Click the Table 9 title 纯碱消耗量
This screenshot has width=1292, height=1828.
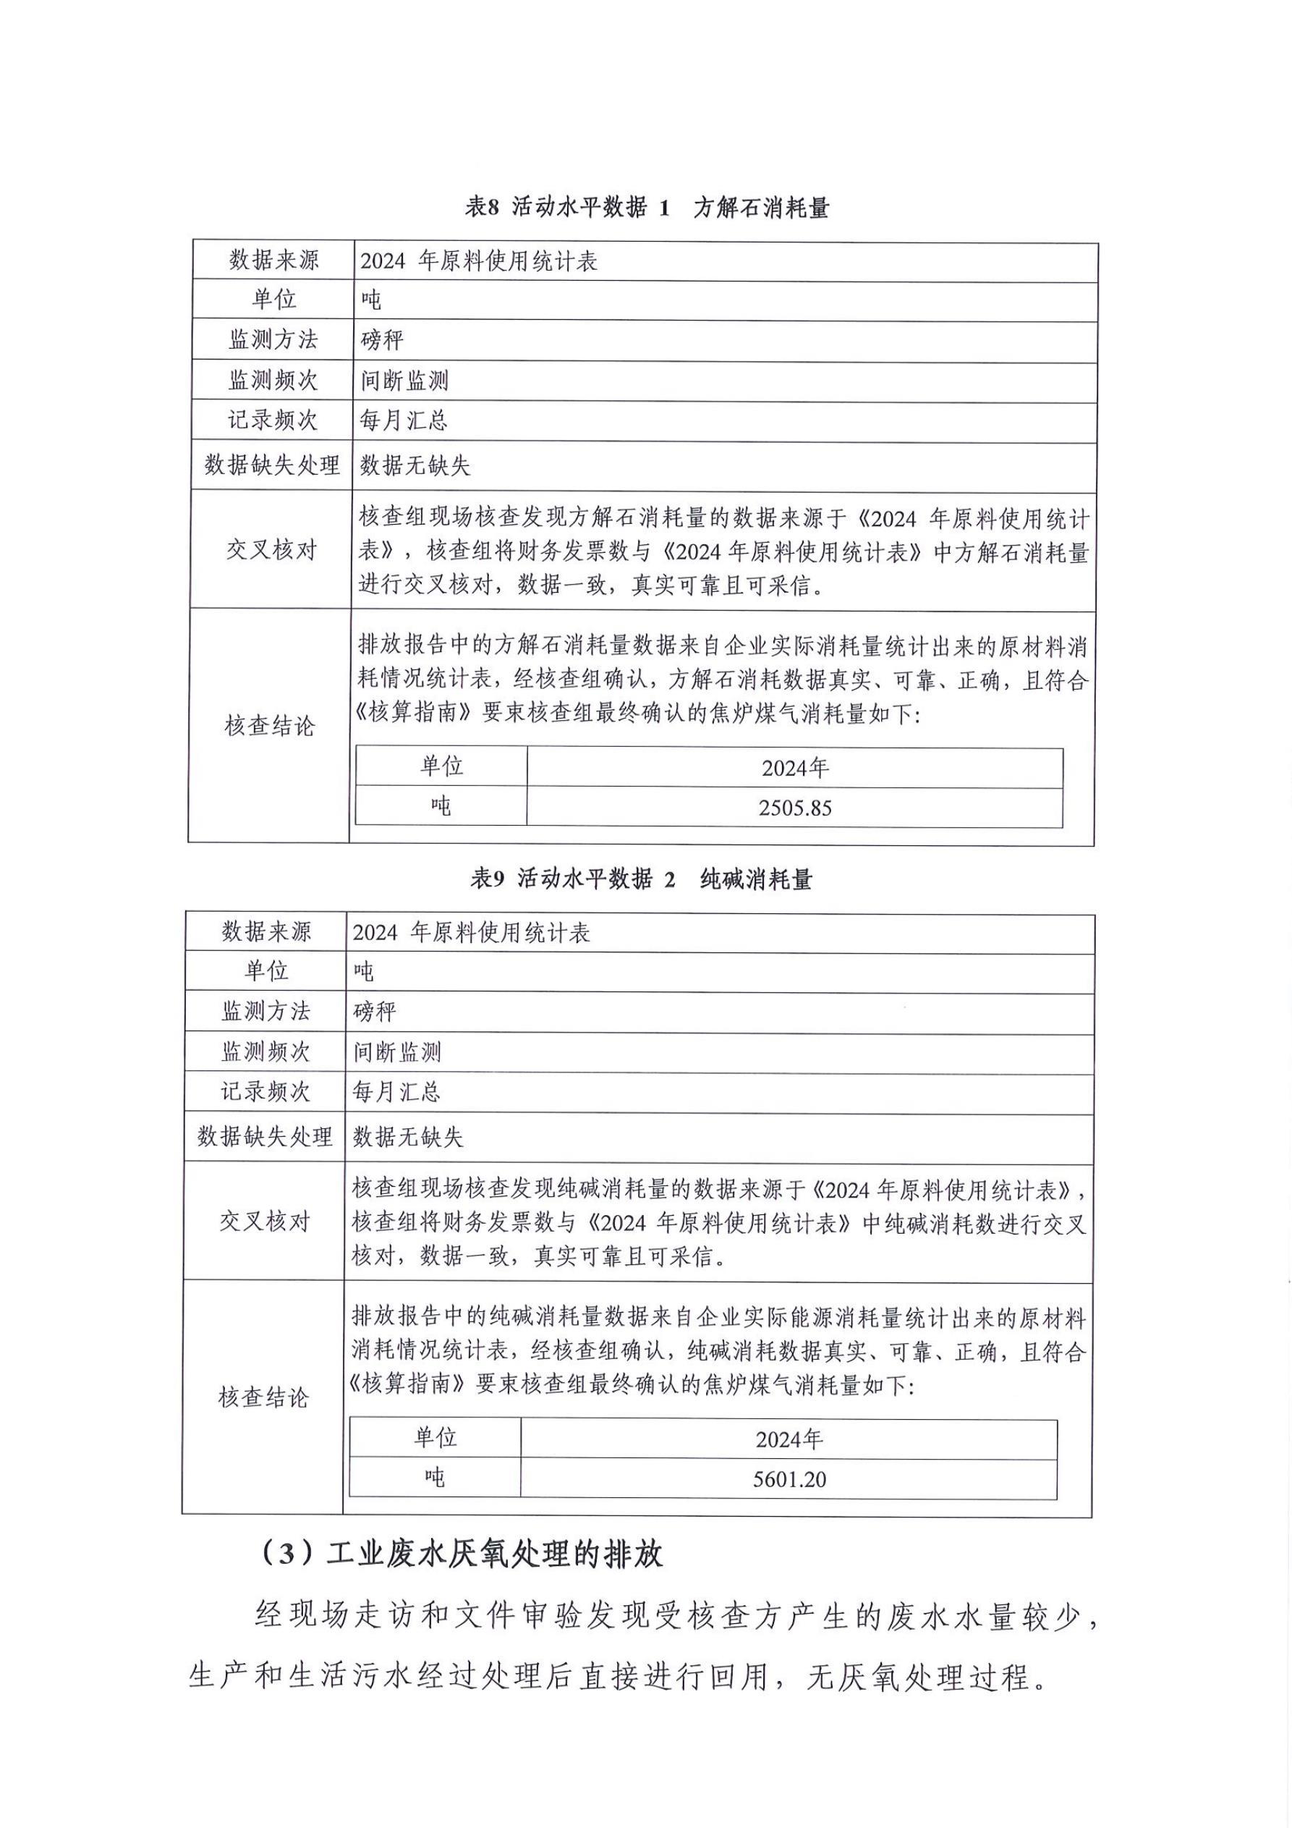click(x=755, y=880)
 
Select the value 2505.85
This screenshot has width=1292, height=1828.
click(x=794, y=808)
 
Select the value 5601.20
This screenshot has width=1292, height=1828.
click(x=789, y=1479)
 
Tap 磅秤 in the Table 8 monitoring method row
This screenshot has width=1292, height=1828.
click(x=382, y=341)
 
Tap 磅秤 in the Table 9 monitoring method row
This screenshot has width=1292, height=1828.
click(x=374, y=1012)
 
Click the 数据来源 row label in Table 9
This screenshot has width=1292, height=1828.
click(x=266, y=931)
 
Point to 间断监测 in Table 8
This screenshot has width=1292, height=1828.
click(x=404, y=381)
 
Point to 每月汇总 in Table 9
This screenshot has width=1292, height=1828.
click(x=396, y=1091)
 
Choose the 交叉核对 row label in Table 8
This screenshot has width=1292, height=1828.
click(x=271, y=549)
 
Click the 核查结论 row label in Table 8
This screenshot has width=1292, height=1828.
click(x=270, y=726)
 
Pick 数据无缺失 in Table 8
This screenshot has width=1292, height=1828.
click(x=415, y=466)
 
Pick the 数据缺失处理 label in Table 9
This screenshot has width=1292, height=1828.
click(x=265, y=1136)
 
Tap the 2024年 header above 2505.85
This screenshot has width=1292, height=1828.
click(x=794, y=769)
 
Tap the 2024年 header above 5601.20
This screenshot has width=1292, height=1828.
click(x=789, y=1439)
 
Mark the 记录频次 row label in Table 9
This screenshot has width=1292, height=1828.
click(x=266, y=1091)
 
